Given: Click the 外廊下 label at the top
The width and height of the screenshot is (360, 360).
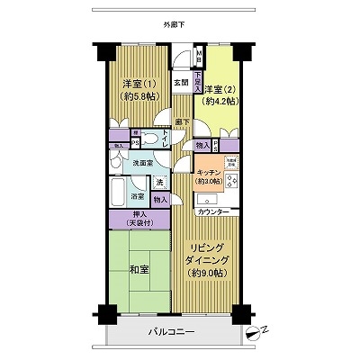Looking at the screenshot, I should [x=175, y=24].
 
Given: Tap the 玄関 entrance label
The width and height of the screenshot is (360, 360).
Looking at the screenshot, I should [x=180, y=87].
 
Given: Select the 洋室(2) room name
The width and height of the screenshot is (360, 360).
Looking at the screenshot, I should [x=220, y=88].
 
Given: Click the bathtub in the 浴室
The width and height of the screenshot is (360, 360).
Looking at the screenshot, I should [x=120, y=192].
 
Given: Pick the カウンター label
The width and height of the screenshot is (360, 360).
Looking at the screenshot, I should [x=214, y=211].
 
